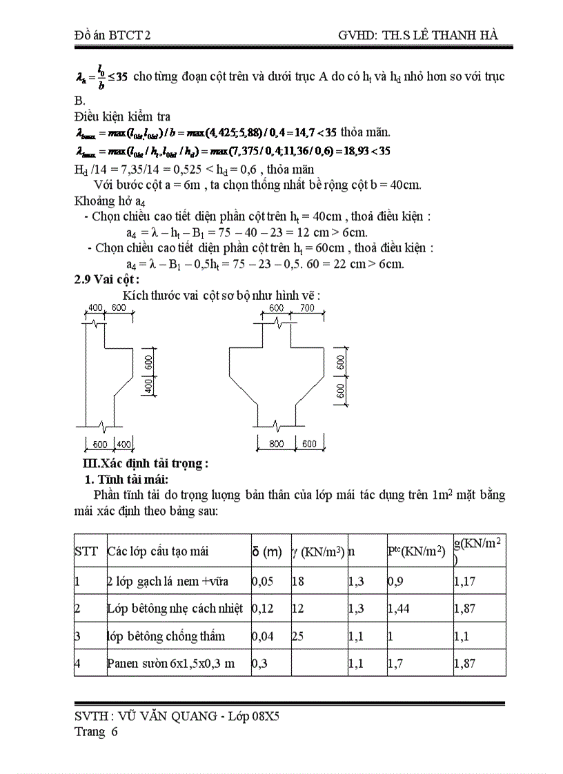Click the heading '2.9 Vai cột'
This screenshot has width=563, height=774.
tap(106, 279)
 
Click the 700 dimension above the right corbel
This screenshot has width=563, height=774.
tap(307, 307)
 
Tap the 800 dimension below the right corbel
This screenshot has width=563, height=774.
tap(277, 444)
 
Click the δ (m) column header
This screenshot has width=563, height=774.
tap(267, 551)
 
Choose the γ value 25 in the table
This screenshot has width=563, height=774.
tap(298, 635)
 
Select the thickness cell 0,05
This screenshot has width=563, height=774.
tap(263, 582)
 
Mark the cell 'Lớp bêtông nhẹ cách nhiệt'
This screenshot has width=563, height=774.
tap(175, 608)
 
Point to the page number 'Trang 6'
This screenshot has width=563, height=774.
tap(96, 732)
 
